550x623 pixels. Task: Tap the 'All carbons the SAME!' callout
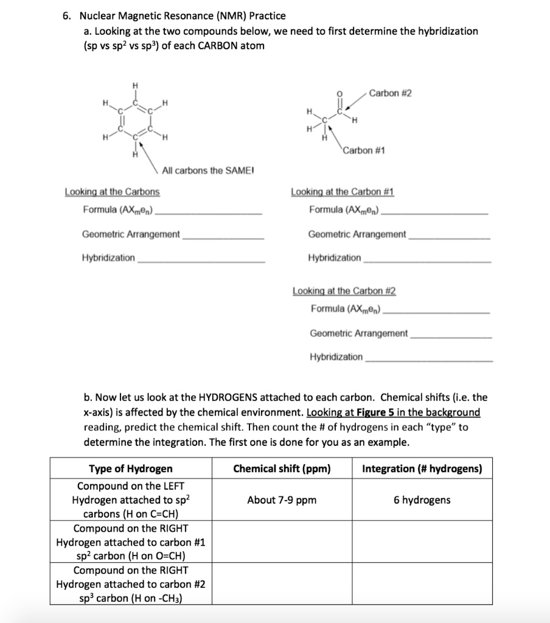[x=209, y=171]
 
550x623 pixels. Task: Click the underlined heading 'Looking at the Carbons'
[x=113, y=192]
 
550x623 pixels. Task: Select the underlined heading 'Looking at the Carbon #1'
[x=343, y=192]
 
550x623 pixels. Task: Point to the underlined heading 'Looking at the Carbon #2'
[x=344, y=291]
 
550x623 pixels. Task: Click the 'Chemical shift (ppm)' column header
[x=282, y=468]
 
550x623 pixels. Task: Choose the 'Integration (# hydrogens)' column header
[x=422, y=468]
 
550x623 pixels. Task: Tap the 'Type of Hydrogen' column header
[x=131, y=468]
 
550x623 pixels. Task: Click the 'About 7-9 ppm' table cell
[x=282, y=500]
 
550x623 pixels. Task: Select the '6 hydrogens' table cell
[x=422, y=500]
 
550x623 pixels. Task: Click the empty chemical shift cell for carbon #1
[x=282, y=542]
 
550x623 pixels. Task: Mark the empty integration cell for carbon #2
[x=422, y=584]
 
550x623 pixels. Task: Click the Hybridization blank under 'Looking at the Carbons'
[x=201, y=258]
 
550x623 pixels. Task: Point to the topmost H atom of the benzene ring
[x=136, y=85]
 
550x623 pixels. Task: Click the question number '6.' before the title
[x=67, y=16]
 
